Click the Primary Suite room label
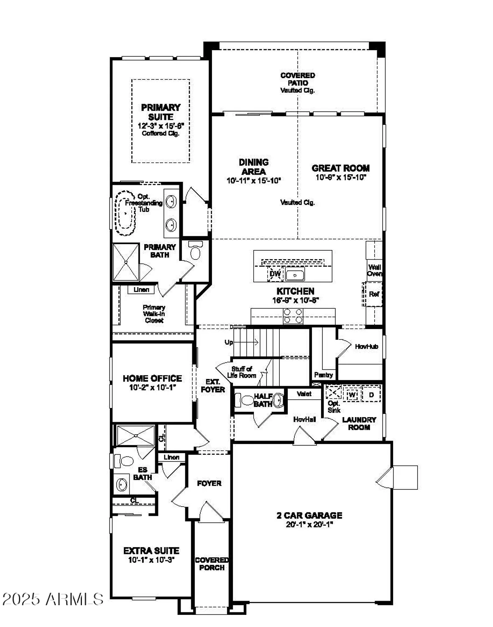[x=161, y=112]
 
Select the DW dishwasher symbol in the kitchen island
[x=275, y=274]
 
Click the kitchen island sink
[x=295, y=275]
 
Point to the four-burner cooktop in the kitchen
[x=293, y=316]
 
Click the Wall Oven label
[x=374, y=270]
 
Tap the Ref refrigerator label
[x=374, y=294]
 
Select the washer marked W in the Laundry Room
[x=352, y=395]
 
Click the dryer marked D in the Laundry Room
[x=371, y=395]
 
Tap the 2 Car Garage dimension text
[x=309, y=525]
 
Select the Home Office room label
[x=152, y=378]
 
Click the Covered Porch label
[x=212, y=563]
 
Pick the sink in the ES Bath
[x=122, y=485]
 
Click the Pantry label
[x=323, y=375]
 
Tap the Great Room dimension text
[x=340, y=177]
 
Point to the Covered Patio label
[x=297, y=79]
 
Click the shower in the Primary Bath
[x=126, y=262]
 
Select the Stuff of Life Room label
[x=242, y=372]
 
